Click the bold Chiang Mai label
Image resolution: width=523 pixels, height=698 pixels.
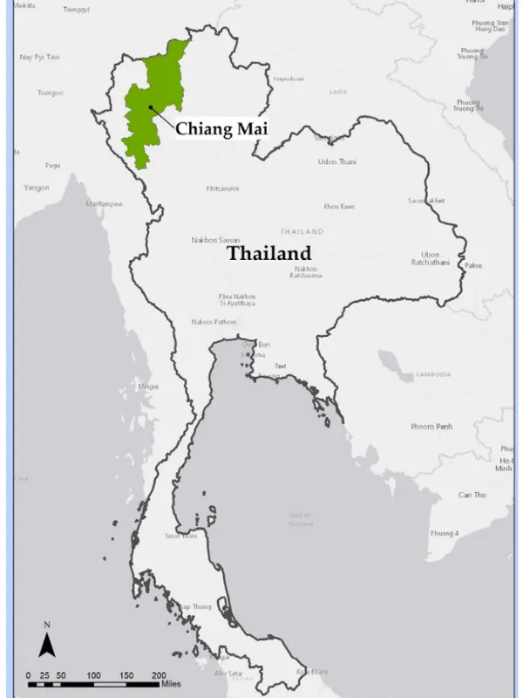221,129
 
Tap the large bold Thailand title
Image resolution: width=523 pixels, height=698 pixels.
268,253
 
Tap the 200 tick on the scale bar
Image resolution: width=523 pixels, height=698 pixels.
160,675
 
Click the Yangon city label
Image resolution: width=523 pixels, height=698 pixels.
37,187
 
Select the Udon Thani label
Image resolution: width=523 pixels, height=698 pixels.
336,161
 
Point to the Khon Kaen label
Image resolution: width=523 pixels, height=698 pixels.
339,207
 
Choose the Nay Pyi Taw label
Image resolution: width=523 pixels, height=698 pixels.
38,58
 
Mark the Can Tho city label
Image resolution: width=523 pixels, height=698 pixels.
472,495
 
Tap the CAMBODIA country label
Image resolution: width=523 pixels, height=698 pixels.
433,374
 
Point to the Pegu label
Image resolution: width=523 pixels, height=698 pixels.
53,164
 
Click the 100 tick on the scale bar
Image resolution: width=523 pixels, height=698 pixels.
93,675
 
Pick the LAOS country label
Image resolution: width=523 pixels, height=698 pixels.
337,92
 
